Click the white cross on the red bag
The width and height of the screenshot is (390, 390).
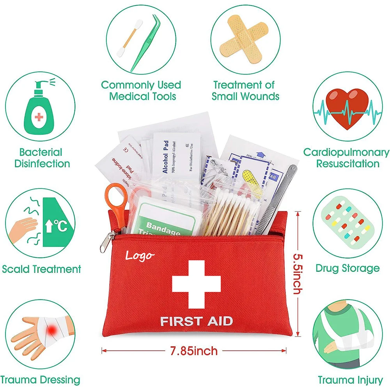point(197,284)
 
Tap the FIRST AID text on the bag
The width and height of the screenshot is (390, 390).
point(197,321)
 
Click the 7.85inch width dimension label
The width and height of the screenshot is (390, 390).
point(194,351)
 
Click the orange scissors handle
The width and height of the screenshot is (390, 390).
point(116,197)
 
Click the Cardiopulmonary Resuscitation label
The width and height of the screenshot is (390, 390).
point(346,158)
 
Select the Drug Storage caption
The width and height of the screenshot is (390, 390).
point(347,268)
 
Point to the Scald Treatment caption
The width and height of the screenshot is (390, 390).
point(41,269)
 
